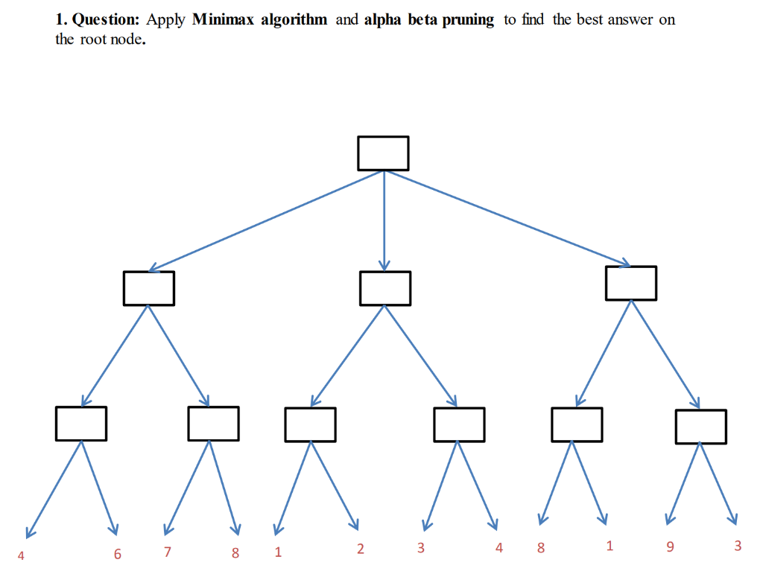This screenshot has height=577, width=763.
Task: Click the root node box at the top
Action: click(x=383, y=153)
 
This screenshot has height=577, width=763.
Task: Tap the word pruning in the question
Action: click(x=468, y=20)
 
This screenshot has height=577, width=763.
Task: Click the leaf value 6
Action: click(x=117, y=553)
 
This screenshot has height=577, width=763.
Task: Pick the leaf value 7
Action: click(x=168, y=552)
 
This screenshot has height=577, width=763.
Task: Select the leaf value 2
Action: click(x=361, y=549)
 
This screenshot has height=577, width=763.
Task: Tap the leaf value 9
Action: click(x=670, y=547)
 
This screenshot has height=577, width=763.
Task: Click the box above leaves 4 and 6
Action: click(x=80, y=423)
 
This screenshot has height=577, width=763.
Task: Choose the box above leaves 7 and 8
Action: click(x=213, y=423)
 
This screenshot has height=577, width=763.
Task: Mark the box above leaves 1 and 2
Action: click(x=310, y=424)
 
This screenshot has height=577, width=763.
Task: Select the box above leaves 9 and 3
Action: click(x=700, y=426)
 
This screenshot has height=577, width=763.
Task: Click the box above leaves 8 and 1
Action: click(x=577, y=424)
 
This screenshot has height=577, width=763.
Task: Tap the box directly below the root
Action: click(x=384, y=288)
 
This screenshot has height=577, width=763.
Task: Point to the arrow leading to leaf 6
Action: click(x=99, y=487)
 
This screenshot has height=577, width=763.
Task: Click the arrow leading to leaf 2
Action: click(x=335, y=485)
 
